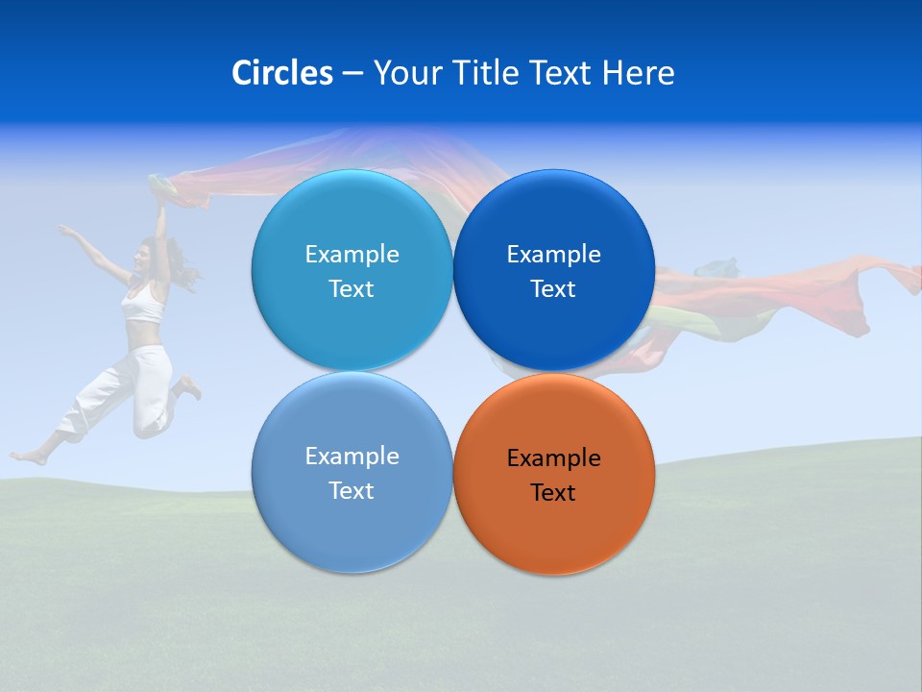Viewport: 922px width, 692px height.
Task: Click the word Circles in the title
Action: coord(282,73)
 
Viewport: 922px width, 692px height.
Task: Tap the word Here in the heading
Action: coord(639,73)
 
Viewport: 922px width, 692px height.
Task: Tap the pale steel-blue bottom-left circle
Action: coord(352,524)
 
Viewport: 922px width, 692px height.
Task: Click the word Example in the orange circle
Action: coord(553,458)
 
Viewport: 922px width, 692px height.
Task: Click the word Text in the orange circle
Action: coord(553,493)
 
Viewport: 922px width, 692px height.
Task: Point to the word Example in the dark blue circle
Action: coord(553,255)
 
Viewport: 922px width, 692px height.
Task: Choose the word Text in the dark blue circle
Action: coord(553,289)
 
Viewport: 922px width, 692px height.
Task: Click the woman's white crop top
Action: coord(144,306)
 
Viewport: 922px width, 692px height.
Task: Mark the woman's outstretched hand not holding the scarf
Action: coord(62,230)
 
